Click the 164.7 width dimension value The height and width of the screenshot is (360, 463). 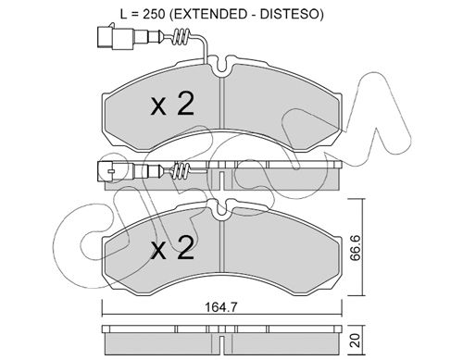click(x=221, y=307)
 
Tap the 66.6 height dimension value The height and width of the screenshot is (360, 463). click(x=356, y=247)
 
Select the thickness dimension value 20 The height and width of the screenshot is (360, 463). click(x=356, y=340)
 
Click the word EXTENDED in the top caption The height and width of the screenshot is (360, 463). click(x=208, y=14)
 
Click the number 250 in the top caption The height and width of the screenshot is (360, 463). click(x=154, y=14)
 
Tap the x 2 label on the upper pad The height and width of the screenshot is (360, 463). click(x=172, y=105)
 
